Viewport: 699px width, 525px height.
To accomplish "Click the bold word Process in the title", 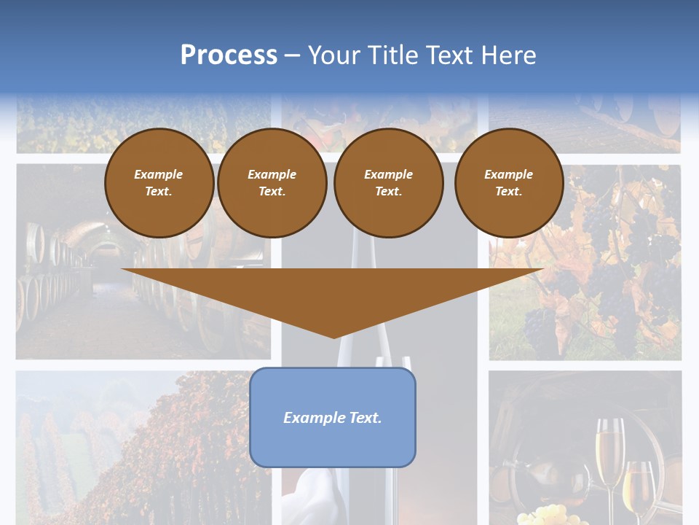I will (x=229, y=55).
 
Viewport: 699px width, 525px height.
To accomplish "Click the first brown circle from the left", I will (x=159, y=183).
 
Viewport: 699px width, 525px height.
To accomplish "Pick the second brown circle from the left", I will (x=272, y=183).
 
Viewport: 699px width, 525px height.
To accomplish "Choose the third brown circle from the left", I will (x=388, y=183).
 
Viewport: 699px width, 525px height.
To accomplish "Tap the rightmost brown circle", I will (x=508, y=183).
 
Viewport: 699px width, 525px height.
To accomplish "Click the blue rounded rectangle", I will (x=333, y=417).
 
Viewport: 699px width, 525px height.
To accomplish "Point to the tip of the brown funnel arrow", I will (x=333, y=336).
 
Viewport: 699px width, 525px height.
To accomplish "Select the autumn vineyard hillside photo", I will (x=138, y=445).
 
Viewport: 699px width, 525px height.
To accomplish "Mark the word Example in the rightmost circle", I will (x=508, y=174).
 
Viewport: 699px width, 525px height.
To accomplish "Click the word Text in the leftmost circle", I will (x=158, y=192).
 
